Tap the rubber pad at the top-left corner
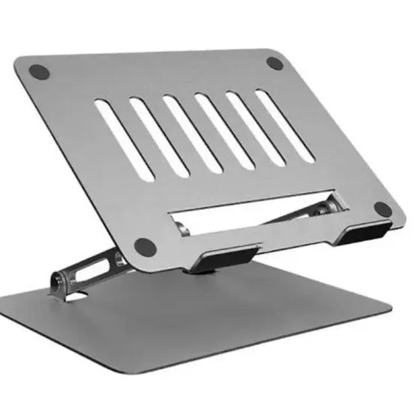click(38, 72)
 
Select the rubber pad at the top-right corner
click(275, 63)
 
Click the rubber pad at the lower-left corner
click(145, 245)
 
